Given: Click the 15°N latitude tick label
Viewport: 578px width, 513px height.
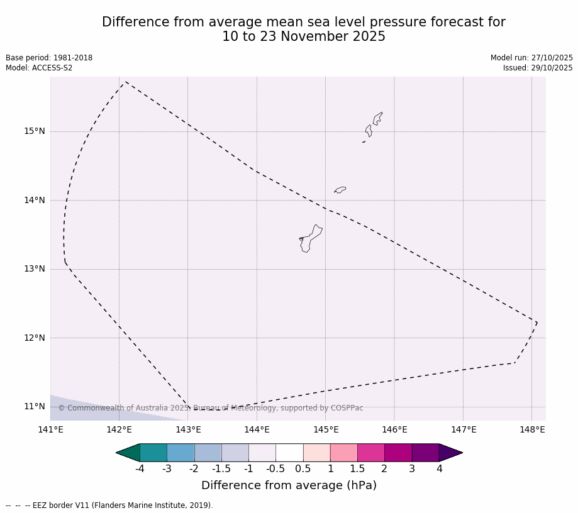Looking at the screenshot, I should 35,131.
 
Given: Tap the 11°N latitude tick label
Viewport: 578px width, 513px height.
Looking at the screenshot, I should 35,406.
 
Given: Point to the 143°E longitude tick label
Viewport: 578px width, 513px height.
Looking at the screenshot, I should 187,430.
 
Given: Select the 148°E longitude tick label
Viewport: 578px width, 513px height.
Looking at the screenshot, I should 532,430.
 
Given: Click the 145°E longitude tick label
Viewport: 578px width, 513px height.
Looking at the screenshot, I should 326,430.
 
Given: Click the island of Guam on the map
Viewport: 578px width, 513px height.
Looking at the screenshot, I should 311,238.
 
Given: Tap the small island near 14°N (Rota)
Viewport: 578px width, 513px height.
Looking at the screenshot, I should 340,189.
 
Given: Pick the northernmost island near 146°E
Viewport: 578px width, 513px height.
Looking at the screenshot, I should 377,118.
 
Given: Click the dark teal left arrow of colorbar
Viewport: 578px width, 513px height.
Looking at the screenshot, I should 128,453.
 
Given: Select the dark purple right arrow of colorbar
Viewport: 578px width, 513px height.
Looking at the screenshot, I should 450,453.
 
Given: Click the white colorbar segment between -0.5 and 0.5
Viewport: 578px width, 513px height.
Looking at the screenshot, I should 289,453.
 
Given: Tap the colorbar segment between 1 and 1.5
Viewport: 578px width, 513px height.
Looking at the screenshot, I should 343,453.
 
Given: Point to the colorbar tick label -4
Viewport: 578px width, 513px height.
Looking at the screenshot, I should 140,469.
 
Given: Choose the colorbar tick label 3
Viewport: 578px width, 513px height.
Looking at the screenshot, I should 412,469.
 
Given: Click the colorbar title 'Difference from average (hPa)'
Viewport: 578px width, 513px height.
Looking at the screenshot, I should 289,485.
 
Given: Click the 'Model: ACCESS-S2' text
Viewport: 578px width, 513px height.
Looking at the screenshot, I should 39,68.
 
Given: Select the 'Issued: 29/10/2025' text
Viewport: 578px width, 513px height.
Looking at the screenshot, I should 538,68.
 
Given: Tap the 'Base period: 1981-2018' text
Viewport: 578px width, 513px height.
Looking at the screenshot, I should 49,58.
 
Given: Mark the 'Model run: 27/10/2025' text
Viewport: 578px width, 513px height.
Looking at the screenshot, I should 531,58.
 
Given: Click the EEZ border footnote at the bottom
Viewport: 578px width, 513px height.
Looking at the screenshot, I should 109,505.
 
